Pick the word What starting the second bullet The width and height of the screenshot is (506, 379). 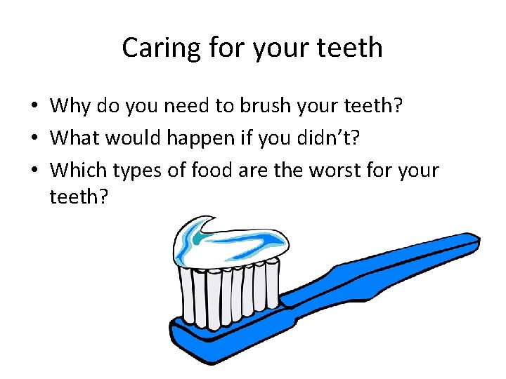[74, 138]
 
